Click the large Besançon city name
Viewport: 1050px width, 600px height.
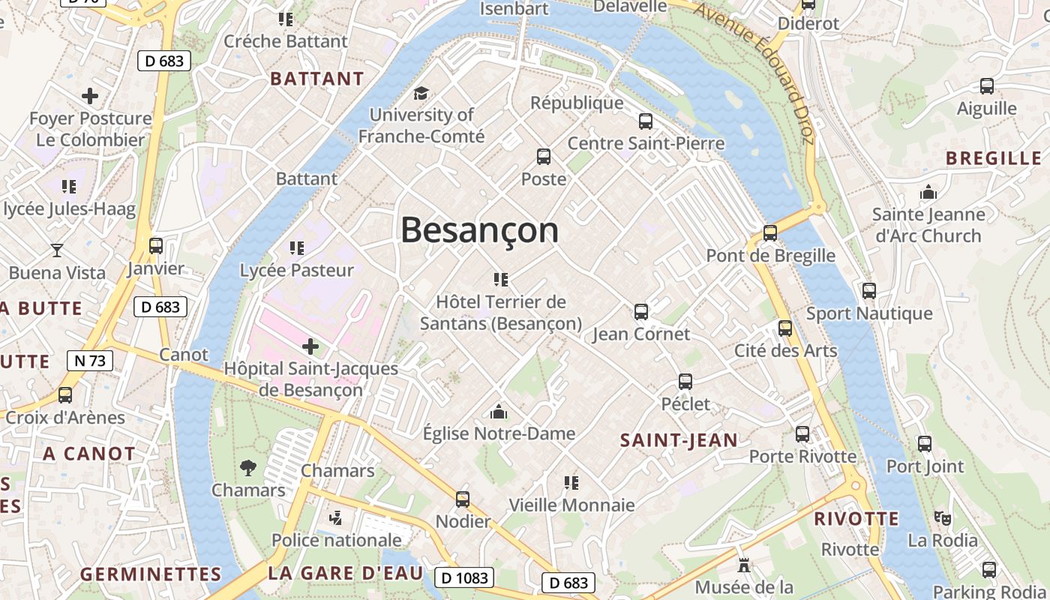480,230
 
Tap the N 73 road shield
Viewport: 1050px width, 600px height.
90,361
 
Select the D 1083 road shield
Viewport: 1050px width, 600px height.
465,577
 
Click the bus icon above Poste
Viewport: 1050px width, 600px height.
544,157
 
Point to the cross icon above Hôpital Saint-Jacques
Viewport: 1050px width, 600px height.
310,346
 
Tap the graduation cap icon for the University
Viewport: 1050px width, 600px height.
421,94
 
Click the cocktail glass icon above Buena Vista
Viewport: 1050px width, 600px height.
57,250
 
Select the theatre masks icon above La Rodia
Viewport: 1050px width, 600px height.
943,517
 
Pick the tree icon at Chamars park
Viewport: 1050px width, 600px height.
248,469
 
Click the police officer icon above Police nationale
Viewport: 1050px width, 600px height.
336,517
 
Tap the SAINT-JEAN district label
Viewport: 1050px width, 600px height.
679,441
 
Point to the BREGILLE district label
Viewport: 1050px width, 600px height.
994,158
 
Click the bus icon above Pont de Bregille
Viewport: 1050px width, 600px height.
770,232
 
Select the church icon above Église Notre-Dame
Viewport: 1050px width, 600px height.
499,412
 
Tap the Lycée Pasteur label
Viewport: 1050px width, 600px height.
297,270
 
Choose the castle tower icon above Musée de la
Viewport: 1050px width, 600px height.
744,565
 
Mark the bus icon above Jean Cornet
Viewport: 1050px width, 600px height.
641,311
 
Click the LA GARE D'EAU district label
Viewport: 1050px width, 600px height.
346,574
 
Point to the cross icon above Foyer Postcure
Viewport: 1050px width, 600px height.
90,96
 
